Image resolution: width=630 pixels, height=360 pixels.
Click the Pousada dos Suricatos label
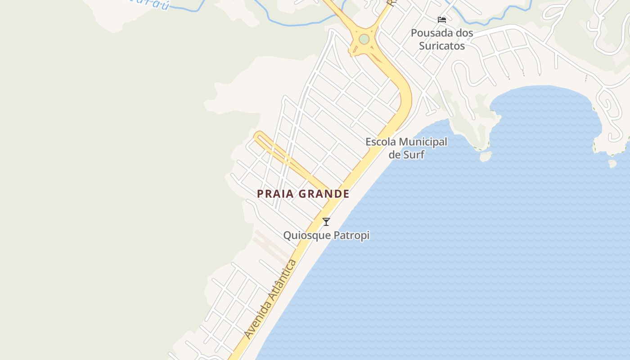coord(442,39)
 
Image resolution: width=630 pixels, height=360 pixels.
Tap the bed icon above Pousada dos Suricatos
coord(442,19)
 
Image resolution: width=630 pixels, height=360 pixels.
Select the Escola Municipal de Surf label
coord(406,148)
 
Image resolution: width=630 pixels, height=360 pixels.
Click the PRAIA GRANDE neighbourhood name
coord(303,194)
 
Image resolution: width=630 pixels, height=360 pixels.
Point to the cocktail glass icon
coord(326,221)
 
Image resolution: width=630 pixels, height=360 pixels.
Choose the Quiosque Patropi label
coord(326,235)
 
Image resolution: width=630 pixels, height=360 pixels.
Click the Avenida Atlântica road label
coord(270,299)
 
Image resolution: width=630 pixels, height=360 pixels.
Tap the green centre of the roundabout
coord(364,40)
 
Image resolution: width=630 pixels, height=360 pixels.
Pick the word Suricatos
coord(442,45)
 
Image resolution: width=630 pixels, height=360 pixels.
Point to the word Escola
coord(381,142)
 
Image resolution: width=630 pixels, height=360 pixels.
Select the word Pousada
coord(429,33)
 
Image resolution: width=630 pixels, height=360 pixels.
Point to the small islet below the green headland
coord(485,156)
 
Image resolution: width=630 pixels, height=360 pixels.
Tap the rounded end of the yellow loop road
coord(258,135)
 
